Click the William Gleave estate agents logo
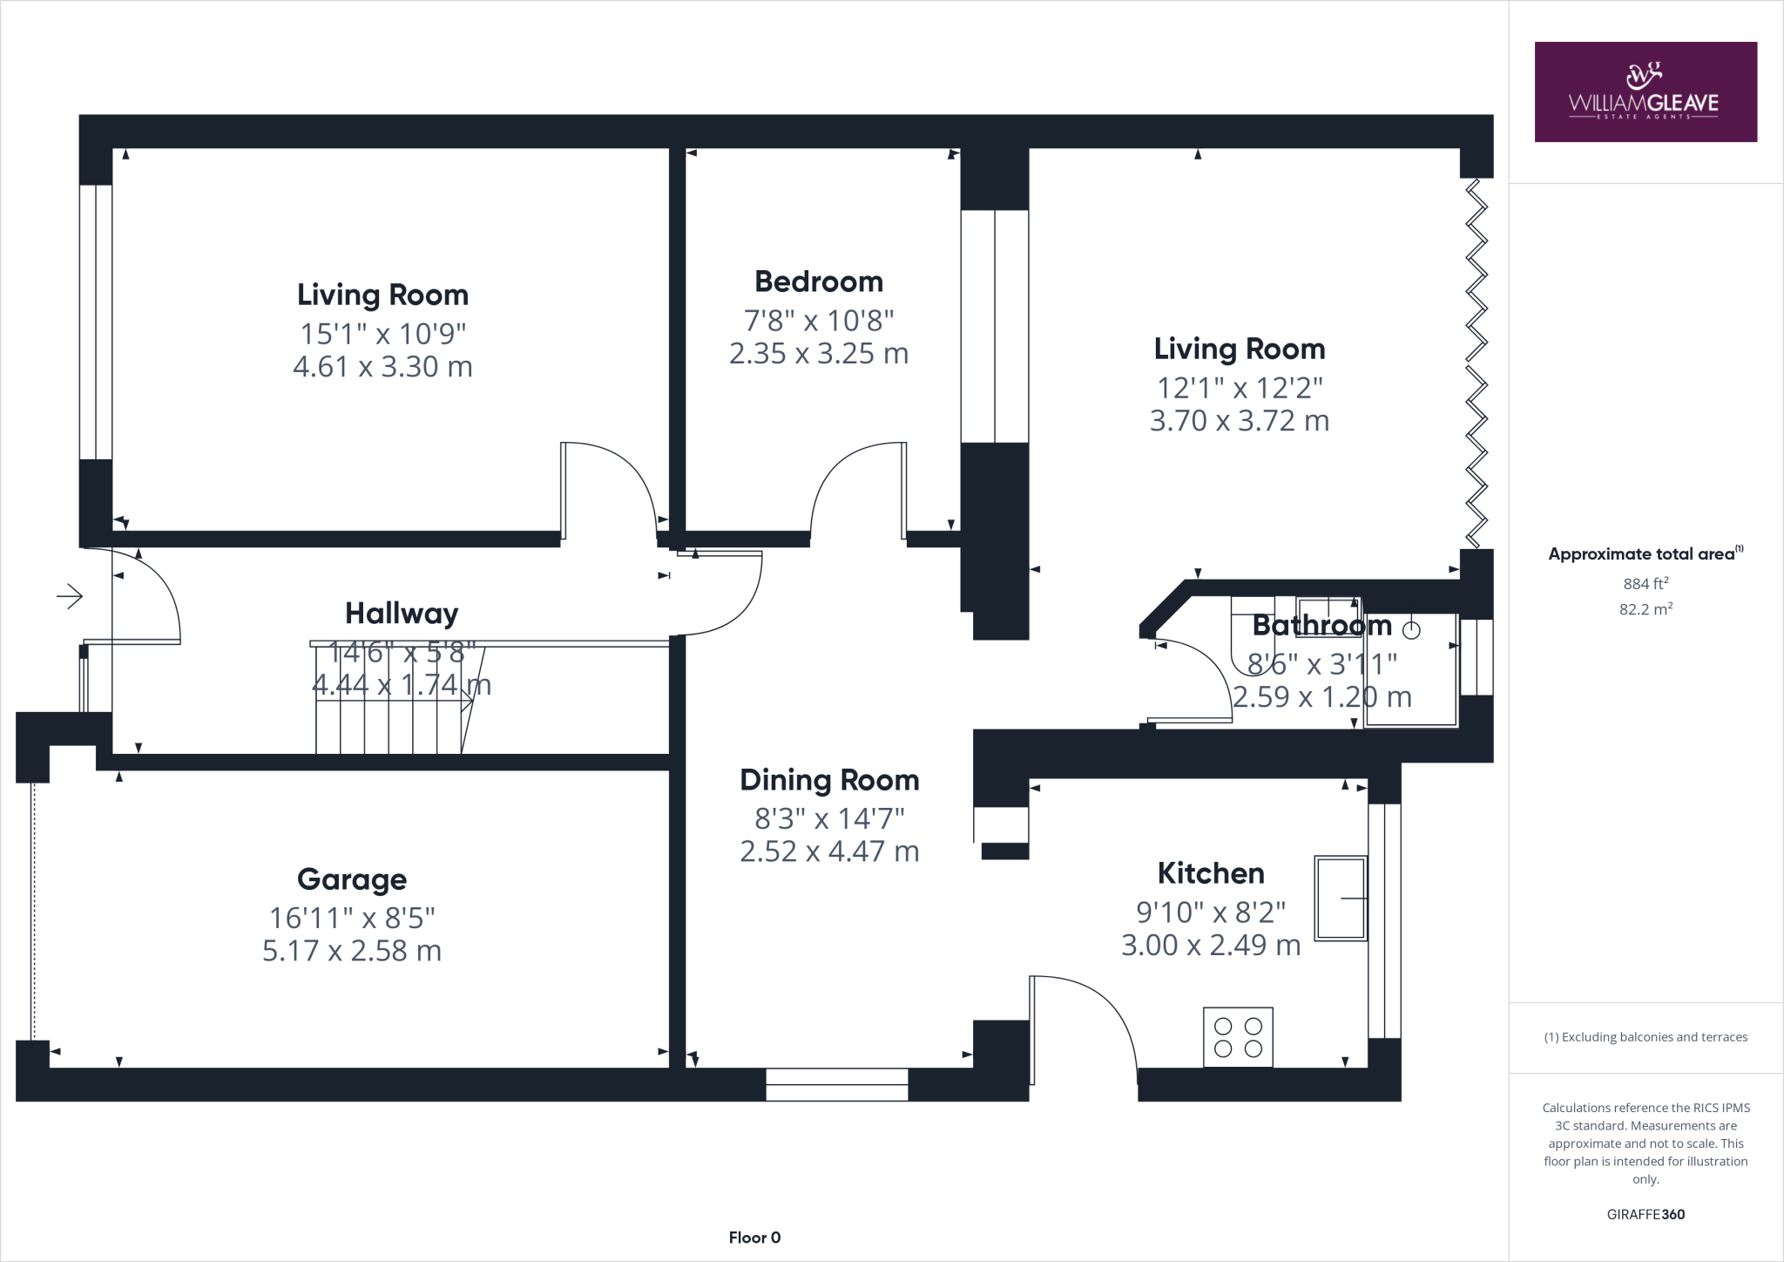coord(1645,92)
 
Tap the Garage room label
coord(351,879)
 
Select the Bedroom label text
coord(818,282)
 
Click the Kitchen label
coord(1210,873)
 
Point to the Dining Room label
coord(829,780)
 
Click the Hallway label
coord(402,614)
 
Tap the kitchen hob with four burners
coord(1238,1037)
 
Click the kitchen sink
coord(1341,898)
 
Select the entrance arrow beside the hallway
coord(70,597)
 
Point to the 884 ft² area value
coord(1645,584)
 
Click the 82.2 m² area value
coord(1645,609)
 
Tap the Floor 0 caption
coord(754,1237)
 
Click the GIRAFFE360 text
coord(1645,1214)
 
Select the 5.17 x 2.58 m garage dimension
coord(351,951)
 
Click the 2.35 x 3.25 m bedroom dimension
coord(818,354)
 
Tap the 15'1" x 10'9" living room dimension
coord(382,334)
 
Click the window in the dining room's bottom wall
coord(836,1085)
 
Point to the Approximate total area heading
coord(1645,553)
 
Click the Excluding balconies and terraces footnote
coord(1645,1037)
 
